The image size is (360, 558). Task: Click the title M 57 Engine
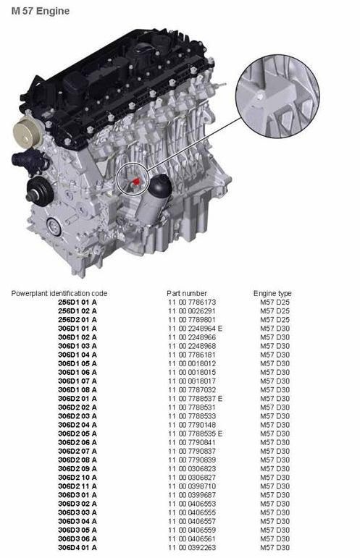click(41, 11)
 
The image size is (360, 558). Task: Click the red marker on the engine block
click(135, 182)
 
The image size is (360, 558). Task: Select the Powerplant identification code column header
click(59, 294)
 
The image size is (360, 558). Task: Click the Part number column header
click(187, 294)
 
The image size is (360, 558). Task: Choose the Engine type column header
click(272, 294)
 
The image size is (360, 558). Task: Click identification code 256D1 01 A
click(78, 302)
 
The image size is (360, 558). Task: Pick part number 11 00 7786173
click(192, 302)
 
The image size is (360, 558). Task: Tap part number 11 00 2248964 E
click(195, 329)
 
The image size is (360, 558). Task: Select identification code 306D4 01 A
click(78, 548)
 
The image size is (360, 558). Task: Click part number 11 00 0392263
click(192, 548)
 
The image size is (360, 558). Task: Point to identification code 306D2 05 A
click(78, 434)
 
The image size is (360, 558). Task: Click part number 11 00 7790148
click(192, 425)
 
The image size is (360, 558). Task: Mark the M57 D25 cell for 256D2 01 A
click(275, 320)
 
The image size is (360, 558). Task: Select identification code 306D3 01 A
click(78, 495)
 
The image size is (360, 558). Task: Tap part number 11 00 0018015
click(192, 372)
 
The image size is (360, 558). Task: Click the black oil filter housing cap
click(160, 186)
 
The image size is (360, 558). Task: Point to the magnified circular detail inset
click(277, 96)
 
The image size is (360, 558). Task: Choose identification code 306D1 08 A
click(78, 390)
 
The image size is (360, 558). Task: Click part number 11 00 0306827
click(192, 478)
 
